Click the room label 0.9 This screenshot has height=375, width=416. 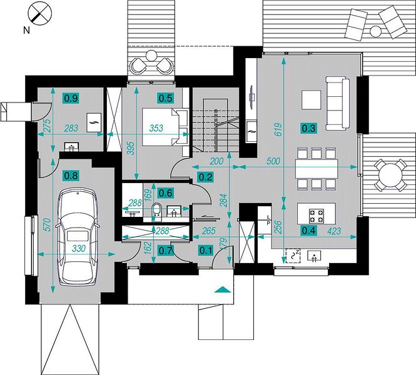(71, 98)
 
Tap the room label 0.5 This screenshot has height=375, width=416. (165, 98)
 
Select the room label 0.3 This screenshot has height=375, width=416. (309, 128)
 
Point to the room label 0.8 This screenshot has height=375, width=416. (71, 176)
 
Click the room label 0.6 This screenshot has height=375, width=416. (166, 193)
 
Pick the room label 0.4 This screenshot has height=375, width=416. (308, 231)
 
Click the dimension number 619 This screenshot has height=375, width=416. (278, 129)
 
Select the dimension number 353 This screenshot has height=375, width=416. (156, 128)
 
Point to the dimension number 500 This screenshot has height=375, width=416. (273, 161)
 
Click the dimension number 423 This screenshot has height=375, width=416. (334, 231)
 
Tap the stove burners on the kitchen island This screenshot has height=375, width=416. (317, 216)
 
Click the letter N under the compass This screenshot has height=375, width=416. (26, 31)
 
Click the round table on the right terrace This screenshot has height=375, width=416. (390, 176)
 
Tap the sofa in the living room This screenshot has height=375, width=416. (337, 103)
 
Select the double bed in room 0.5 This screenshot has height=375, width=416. (165, 127)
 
